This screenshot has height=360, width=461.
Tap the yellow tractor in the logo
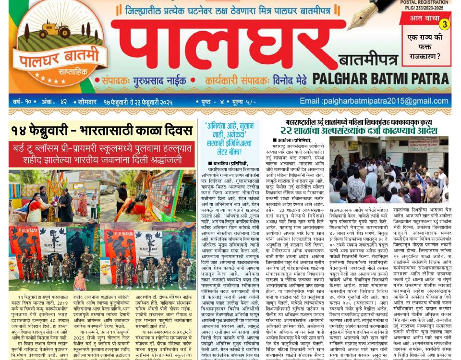55,30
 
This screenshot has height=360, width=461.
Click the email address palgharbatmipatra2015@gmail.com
375,101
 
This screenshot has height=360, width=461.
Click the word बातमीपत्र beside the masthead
368,60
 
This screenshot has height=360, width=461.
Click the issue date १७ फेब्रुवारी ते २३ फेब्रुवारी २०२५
138,102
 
